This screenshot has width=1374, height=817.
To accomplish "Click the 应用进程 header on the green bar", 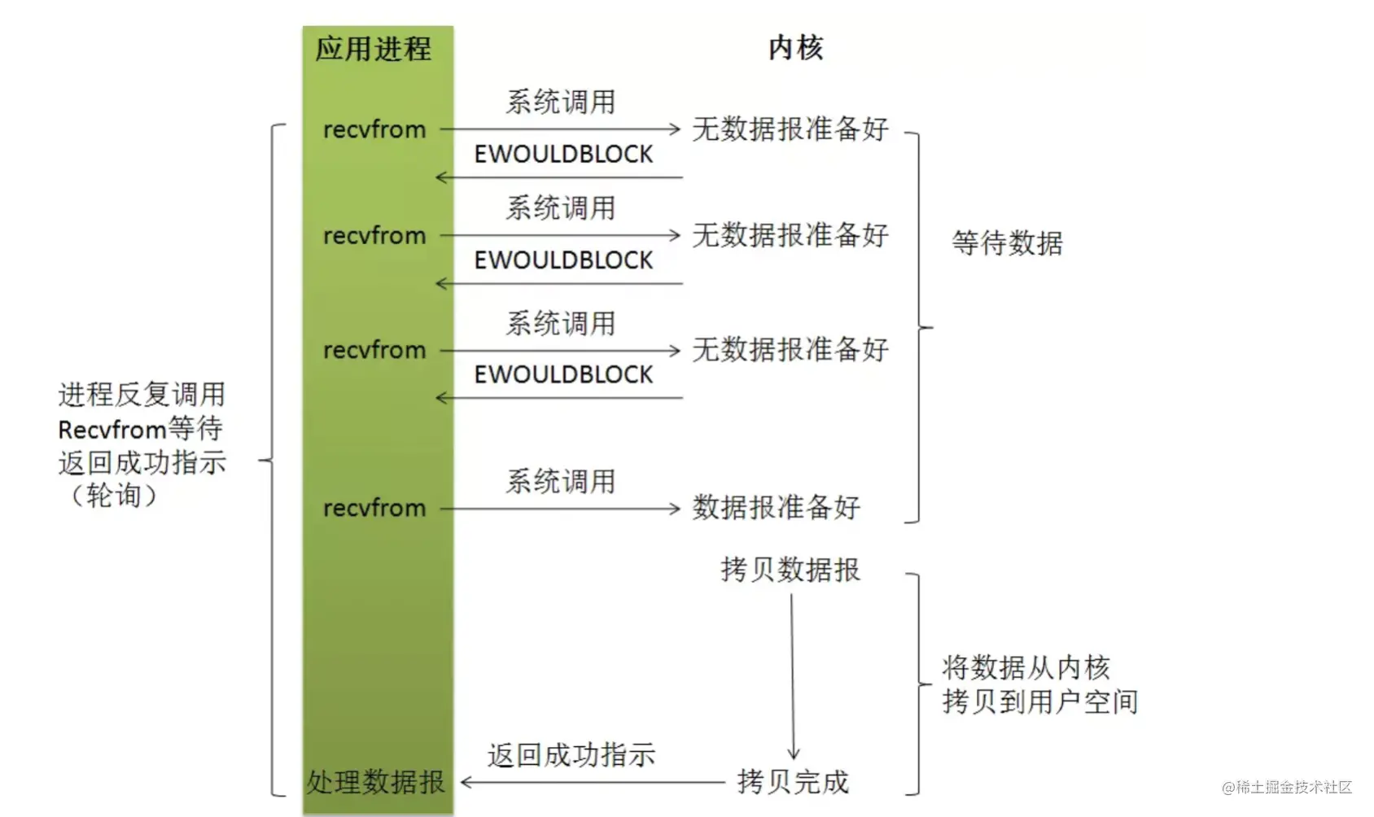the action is pyautogui.click(x=374, y=49).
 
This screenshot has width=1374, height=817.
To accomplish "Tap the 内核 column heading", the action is pyautogui.click(x=795, y=48).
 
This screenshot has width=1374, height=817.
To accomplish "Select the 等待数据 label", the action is pyautogui.click(x=1007, y=242).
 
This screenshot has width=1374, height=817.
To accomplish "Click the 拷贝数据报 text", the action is pyautogui.click(x=790, y=570).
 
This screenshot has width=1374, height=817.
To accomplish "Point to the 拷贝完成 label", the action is pyautogui.click(x=792, y=782).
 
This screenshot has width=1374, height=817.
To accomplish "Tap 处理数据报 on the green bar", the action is pyautogui.click(x=375, y=782).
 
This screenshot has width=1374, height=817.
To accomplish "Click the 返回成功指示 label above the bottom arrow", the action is pyautogui.click(x=571, y=755).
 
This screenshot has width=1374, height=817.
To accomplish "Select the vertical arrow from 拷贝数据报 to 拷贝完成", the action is pyautogui.click(x=792, y=675).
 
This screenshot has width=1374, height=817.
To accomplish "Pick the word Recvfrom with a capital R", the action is pyautogui.click(x=112, y=429).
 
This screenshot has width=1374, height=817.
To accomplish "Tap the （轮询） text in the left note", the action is pyautogui.click(x=114, y=496).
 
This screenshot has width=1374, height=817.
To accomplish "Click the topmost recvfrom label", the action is pyautogui.click(x=374, y=129).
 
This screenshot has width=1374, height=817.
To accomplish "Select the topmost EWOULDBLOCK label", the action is pyautogui.click(x=563, y=154).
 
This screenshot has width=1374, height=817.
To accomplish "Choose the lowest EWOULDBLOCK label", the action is pyautogui.click(x=563, y=374).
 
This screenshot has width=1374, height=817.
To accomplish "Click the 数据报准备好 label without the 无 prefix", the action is pyautogui.click(x=776, y=508).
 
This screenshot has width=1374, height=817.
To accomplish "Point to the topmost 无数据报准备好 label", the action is pyautogui.click(x=790, y=129).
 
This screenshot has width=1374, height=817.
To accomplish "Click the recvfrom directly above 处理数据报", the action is pyautogui.click(x=374, y=508).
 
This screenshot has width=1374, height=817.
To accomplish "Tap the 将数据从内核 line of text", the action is pyautogui.click(x=1026, y=667).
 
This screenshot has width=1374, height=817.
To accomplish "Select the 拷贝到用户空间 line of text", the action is pyautogui.click(x=1039, y=701).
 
